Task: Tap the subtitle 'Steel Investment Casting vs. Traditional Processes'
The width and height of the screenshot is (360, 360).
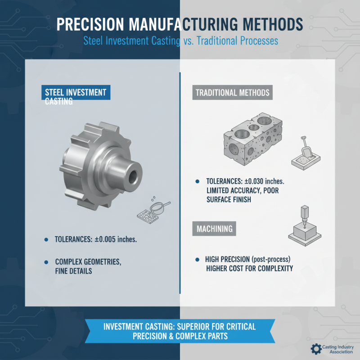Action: click(x=180, y=40)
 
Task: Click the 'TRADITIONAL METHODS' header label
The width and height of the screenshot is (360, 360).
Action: click(x=232, y=93)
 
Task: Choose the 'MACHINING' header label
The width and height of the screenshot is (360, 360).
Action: click(x=215, y=229)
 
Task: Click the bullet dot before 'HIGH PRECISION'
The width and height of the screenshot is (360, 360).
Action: click(x=198, y=260)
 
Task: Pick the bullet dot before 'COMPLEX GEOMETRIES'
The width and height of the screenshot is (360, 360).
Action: click(x=47, y=261)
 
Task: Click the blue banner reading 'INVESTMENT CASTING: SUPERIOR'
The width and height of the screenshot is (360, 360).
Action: click(x=180, y=331)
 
